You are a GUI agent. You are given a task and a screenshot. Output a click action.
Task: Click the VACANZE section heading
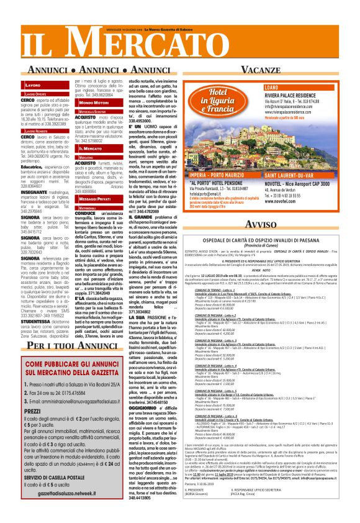[273, 69]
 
